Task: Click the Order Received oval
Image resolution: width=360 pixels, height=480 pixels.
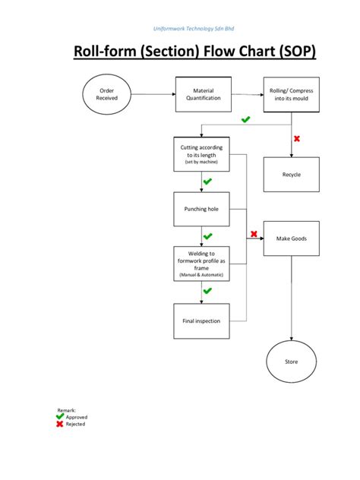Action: pos(107,94)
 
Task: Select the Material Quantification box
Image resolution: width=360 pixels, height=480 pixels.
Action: pos(202,94)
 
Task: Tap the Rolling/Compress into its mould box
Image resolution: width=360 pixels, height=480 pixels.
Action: pos(292,94)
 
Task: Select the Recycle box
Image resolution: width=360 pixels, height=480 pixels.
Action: pos(292,175)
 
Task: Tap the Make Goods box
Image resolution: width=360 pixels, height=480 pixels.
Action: pos(292,238)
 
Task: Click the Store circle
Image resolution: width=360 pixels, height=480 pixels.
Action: pos(292,362)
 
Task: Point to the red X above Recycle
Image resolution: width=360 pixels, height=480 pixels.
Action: pos(297,138)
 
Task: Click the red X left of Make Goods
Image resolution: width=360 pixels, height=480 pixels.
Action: pos(254,234)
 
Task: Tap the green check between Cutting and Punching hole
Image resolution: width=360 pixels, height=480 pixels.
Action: pos(207,182)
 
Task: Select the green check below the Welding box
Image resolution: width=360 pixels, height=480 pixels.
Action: pos(207,291)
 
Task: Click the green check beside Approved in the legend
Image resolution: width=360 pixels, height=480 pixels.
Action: pos(60,416)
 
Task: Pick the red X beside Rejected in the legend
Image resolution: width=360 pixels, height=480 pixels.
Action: pos(60,424)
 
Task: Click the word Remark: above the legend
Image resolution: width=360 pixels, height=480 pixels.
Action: pos(67,409)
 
